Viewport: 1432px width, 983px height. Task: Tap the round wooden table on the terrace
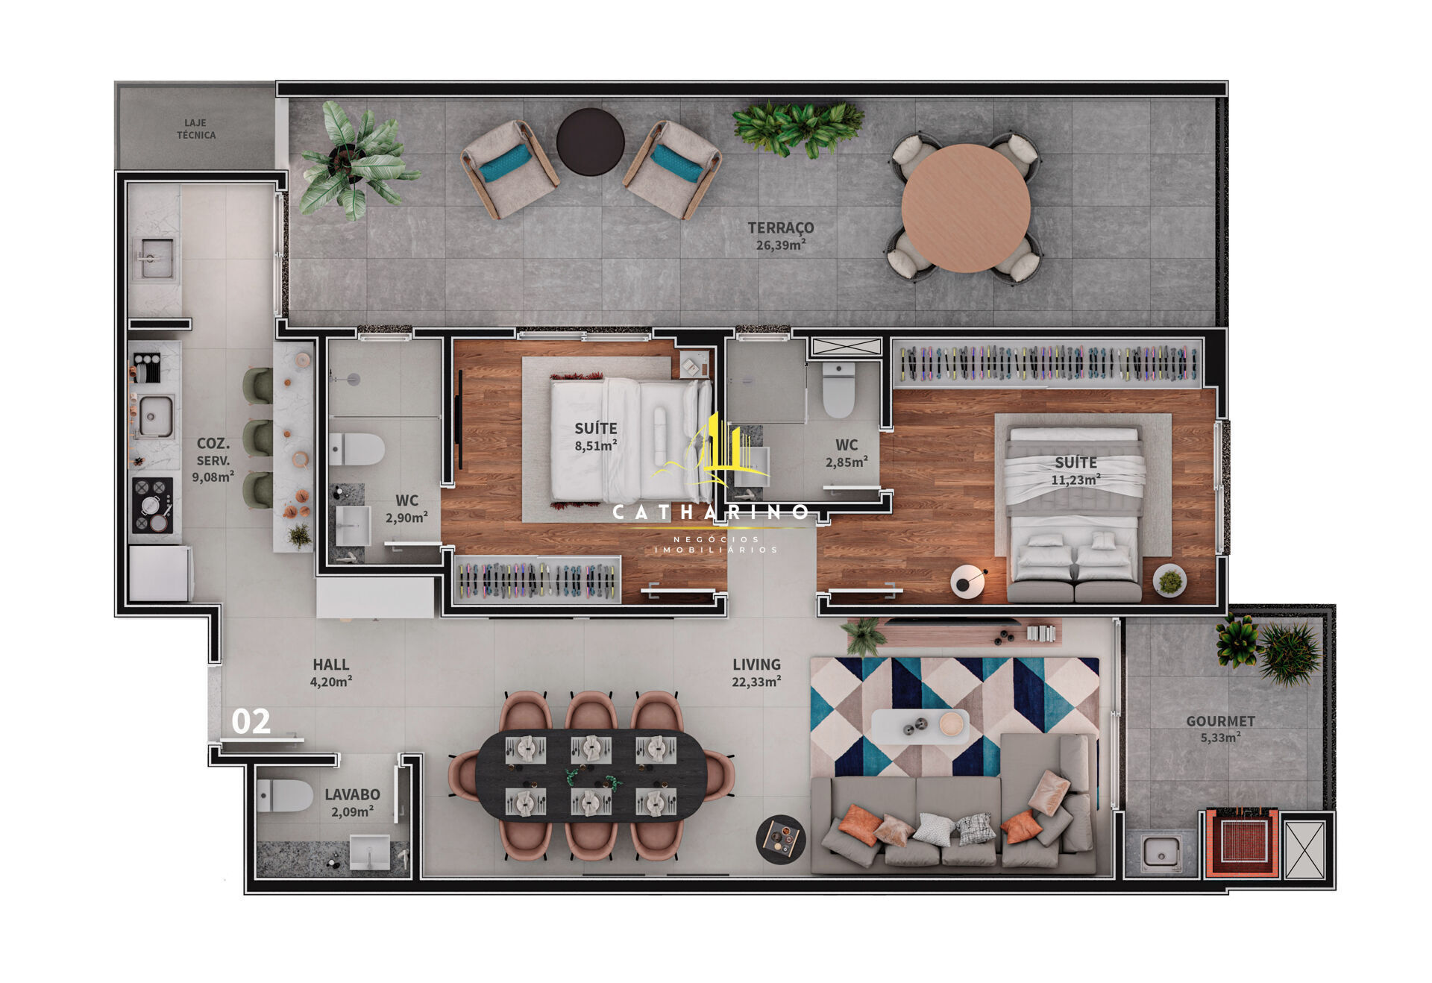pos(966,208)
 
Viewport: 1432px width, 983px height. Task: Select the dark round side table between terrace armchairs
pos(591,142)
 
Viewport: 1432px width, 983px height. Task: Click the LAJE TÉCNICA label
pos(196,129)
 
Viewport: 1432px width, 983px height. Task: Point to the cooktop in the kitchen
pos(152,504)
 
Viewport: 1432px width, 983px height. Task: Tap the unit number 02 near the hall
pos(251,721)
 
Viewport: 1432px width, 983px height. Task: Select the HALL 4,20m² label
pos(331,672)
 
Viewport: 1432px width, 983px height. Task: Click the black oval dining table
pos(591,775)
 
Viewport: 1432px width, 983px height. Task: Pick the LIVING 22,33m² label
pos(757,672)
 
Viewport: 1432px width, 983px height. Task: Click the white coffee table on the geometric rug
pos(920,726)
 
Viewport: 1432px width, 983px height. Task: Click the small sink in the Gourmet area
pos(1161,851)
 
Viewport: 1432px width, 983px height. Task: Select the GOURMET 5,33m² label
pos(1221,729)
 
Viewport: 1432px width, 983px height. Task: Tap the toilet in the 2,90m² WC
pos(357,449)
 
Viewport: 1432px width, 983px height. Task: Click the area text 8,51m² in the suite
pos(596,446)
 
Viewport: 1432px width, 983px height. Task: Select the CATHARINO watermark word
pos(710,512)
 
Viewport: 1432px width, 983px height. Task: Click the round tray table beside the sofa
pos(781,839)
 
